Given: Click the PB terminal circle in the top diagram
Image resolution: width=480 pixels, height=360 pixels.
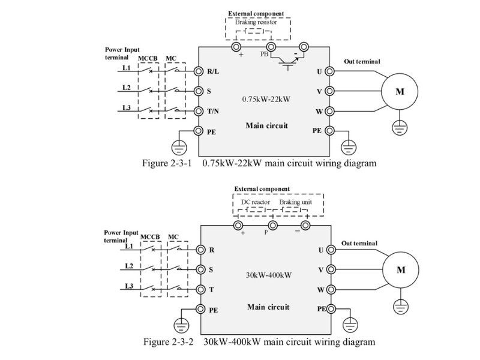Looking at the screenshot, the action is point(271,47).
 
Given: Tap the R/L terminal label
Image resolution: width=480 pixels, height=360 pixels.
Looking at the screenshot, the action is point(213,71).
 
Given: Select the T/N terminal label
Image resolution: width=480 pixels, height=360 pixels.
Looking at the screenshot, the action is point(213,111).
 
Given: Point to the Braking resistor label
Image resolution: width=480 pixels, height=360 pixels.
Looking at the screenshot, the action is point(256,22).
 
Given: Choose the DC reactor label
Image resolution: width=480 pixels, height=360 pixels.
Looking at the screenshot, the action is point(256,202).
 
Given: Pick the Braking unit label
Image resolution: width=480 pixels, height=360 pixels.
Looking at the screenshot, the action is point(296,202).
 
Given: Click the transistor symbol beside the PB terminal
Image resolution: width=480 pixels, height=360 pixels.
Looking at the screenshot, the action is point(287,62).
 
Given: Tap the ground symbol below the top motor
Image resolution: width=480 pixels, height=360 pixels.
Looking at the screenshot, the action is point(400,127).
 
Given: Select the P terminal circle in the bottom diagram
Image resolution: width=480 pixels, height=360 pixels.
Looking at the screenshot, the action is point(272,226).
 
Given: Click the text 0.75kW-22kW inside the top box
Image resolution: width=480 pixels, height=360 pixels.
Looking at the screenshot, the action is point(266,99).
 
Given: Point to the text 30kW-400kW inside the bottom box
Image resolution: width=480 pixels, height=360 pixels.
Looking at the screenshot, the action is point(269,275).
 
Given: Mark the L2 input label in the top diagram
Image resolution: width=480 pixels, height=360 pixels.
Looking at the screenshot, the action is point(127,88).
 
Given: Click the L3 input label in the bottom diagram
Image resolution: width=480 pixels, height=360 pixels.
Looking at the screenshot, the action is point(129,286).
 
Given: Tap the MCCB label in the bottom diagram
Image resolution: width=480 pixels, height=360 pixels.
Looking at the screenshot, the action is point(150,237).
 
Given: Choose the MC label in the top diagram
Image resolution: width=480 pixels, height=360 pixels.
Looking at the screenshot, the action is point(171,58).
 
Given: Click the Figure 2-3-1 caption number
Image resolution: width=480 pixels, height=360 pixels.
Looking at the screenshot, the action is point(167,163).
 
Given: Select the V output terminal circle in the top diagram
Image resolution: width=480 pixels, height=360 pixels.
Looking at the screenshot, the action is point(329,91).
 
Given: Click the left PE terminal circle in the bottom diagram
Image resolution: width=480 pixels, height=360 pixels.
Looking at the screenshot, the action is point(200,309).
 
